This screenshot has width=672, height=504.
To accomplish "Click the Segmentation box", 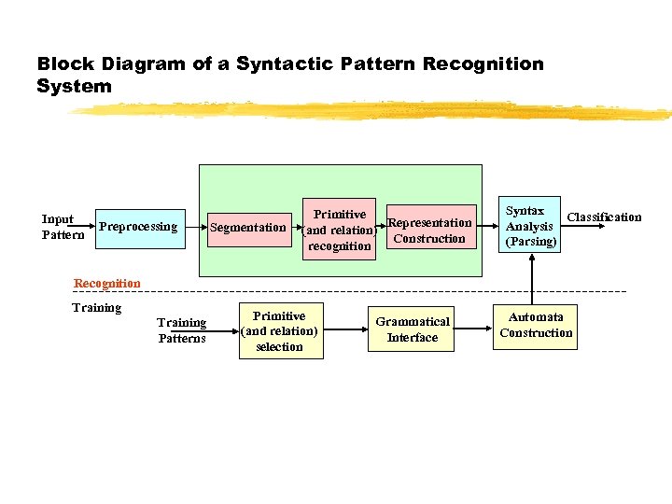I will (x=247, y=228).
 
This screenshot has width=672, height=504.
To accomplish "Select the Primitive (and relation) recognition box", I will (x=339, y=230).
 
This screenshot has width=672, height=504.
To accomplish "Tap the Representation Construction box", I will (x=429, y=231).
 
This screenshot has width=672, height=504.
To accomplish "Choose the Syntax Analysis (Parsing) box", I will (x=529, y=225).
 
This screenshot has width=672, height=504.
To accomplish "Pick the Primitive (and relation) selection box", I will (x=279, y=331).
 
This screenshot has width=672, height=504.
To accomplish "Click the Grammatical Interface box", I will (x=412, y=329).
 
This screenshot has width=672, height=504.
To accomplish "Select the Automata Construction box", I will (x=536, y=326).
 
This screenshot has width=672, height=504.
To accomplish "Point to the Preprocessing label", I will (x=138, y=227).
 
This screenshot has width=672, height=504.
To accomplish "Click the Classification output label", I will (x=604, y=217).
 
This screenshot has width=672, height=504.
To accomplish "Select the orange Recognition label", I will (x=106, y=284).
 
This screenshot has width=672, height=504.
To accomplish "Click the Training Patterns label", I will (x=181, y=330).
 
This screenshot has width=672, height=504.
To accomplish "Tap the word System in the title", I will (x=74, y=87).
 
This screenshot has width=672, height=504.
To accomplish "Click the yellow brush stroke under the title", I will (x=373, y=110).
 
